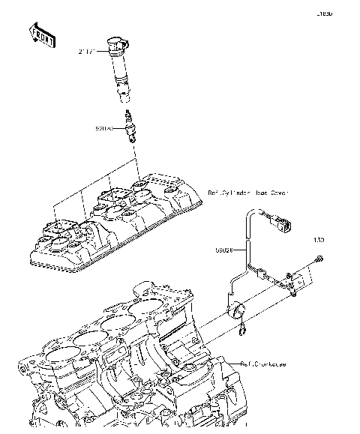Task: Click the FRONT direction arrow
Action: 42,35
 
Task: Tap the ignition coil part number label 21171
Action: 88,52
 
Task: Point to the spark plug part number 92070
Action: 104,129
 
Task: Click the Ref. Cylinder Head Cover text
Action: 247,193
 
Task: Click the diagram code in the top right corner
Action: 323,13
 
